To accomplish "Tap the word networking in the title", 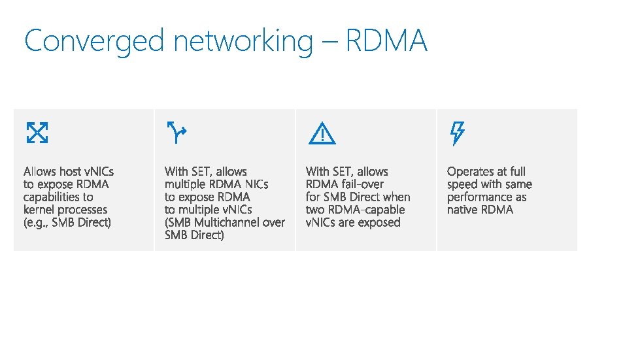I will pyautogui.click(x=243, y=42).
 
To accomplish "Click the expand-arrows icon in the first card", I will pyautogui.click(x=37, y=133).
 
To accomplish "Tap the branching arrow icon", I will pyautogui.click(x=177, y=133).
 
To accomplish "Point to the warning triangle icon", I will pyautogui.click(x=322, y=134).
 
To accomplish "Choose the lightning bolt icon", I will pyautogui.click(x=457, y=133).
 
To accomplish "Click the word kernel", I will pyautogui.click(x=39, y=210).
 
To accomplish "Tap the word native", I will pyautogui.click(x=463, y=210).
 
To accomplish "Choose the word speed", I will pyautogui.click(x=462, y=185).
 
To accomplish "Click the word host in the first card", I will pyautogui.click(x=71, y=172).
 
